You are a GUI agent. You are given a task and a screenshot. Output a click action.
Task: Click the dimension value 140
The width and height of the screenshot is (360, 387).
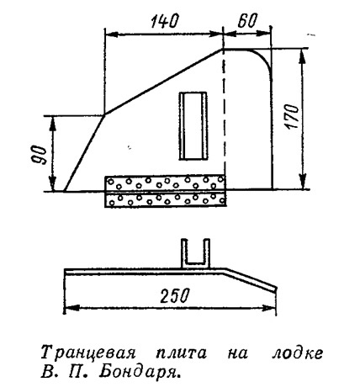[164, 21]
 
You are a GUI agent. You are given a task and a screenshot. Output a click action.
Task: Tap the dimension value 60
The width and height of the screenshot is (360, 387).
[247, 21]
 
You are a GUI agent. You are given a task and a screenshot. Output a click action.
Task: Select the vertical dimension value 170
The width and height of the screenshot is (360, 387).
[292, 117]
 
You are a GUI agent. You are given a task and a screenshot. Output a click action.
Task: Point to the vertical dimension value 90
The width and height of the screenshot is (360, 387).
[41, 156]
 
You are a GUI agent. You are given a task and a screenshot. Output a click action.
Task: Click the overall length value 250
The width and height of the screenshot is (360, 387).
[174, 295]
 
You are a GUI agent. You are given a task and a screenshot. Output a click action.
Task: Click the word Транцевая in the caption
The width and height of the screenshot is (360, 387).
[88, 353]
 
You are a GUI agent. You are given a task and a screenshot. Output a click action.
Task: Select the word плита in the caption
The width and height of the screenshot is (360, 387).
[182, 353]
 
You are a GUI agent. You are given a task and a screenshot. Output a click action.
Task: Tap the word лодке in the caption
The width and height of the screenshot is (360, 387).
[297, 353]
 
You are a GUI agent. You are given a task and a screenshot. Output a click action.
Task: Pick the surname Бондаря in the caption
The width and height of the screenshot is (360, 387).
[139, 372]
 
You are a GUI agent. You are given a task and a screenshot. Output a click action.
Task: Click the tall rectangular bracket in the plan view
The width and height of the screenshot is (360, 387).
[193, 126]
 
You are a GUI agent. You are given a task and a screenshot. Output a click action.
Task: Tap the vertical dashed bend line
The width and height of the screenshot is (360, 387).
[224, 112]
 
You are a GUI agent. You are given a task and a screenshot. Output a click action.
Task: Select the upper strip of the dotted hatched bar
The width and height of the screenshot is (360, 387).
[165, 183]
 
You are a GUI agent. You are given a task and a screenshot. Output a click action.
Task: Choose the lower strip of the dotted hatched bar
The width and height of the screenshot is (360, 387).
[165, 200]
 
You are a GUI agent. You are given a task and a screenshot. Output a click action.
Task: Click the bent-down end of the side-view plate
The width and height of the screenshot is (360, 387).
[251, 280]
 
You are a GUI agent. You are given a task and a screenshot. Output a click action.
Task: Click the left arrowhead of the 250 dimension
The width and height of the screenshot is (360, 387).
[72, 308]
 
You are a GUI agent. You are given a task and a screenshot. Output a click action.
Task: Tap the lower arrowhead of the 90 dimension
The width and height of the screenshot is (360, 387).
[52, 183]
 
